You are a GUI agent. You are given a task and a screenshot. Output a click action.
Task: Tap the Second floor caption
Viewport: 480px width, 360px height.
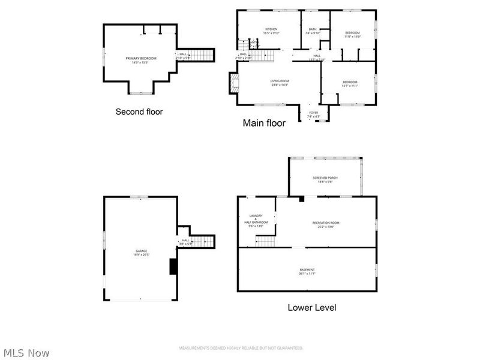(x=139, y=112)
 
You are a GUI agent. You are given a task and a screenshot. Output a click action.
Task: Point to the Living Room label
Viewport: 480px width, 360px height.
(x=280, y=83)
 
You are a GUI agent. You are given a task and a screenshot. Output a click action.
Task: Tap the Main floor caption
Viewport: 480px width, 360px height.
(x=263, y=123)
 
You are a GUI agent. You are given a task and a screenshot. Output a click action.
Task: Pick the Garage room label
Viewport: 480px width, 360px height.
(x=141, y=253)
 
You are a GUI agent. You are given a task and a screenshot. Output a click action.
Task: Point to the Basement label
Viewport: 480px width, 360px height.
(x=307, y=271)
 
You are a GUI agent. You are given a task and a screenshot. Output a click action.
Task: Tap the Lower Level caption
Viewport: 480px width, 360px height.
(x=312, y=308)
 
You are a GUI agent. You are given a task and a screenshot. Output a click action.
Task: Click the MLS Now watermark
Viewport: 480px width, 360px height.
(x=26, y=353)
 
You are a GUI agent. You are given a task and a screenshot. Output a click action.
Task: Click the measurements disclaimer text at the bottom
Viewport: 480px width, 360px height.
(x=241, y=348)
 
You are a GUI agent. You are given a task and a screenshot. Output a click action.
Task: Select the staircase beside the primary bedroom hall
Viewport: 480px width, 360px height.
(x=205, y=56)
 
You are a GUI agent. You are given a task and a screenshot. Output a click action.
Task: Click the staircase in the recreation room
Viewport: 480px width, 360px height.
(x=265, y=241)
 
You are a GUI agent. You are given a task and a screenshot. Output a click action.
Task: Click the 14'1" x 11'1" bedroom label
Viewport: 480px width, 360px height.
(x=350, y=84)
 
